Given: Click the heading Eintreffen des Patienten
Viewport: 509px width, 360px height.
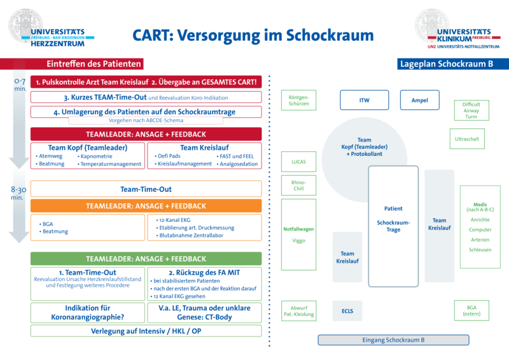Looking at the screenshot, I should tap(94, 64).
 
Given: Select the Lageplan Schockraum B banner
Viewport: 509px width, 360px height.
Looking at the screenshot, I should tap(447, 64).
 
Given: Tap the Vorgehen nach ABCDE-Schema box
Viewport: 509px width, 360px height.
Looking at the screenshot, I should tap(146, 121).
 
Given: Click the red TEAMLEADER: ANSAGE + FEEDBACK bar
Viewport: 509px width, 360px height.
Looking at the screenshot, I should tap(146, 135).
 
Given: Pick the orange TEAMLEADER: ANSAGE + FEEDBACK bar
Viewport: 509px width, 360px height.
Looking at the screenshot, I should tap(146, 206).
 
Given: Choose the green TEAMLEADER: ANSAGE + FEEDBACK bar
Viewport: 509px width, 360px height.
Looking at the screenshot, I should tap(146, 259).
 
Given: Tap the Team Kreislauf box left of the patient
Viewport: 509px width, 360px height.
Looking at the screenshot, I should tap(347, 256).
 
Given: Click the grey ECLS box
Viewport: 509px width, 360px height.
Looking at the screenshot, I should tap(347, 311).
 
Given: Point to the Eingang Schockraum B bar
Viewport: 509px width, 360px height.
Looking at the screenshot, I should tap(393, 340).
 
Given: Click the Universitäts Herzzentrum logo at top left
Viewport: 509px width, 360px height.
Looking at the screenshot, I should tap(51, 27).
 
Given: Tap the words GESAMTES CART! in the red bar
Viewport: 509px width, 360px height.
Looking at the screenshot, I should tap(230, 83).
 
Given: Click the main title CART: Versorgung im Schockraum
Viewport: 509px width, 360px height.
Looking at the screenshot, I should tap(252, 35).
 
